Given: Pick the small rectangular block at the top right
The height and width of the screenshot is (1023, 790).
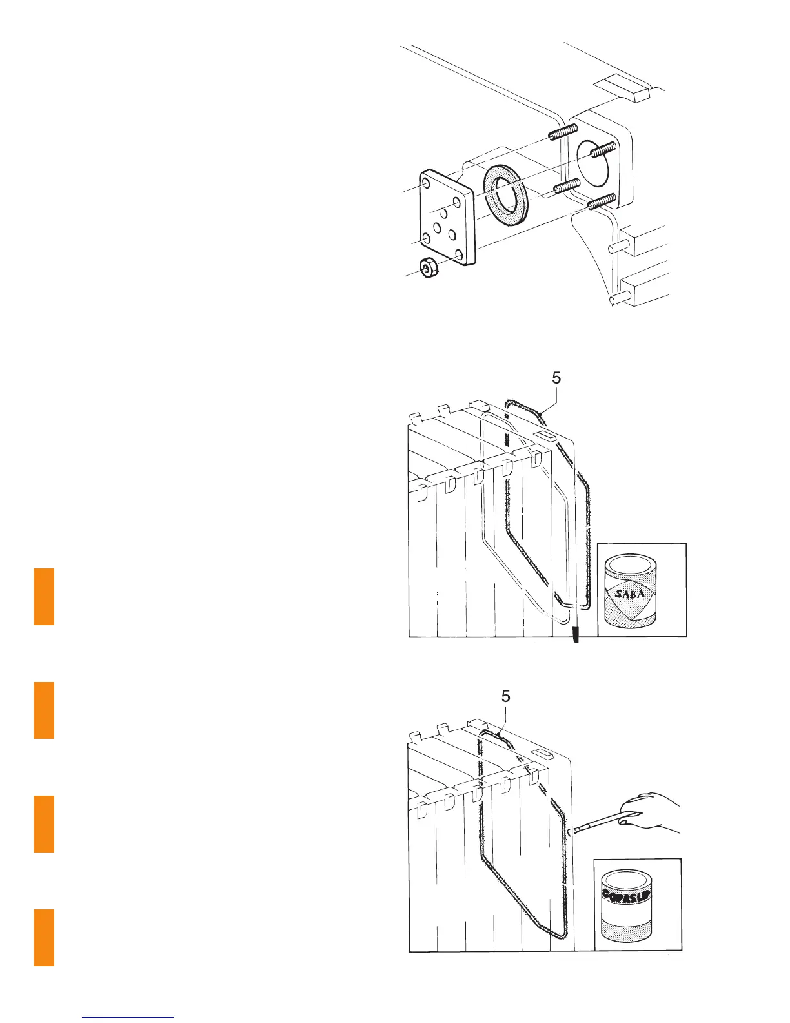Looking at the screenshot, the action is (622, 88).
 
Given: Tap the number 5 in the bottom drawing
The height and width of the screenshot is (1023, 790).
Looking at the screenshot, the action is (506, 696).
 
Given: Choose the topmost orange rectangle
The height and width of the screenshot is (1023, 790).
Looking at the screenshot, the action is (44, 596).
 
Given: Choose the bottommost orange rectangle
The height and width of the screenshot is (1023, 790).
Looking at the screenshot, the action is (44, 937).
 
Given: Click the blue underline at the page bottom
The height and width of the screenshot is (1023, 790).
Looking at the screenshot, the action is (128, 1017).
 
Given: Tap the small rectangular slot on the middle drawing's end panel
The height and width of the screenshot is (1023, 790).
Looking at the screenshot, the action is (543, 435).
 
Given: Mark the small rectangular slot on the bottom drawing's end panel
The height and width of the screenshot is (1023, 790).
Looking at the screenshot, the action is (542, 754).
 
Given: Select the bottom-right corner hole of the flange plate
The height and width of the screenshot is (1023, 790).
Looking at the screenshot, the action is (458, 256).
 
